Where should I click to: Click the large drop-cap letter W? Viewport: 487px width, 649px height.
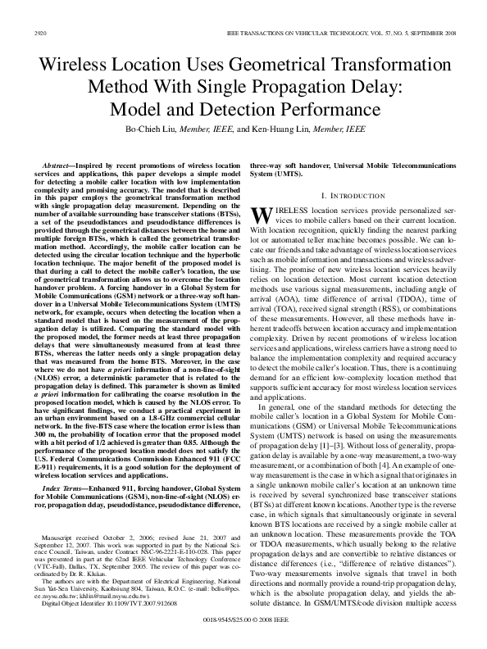coord(260,215)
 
